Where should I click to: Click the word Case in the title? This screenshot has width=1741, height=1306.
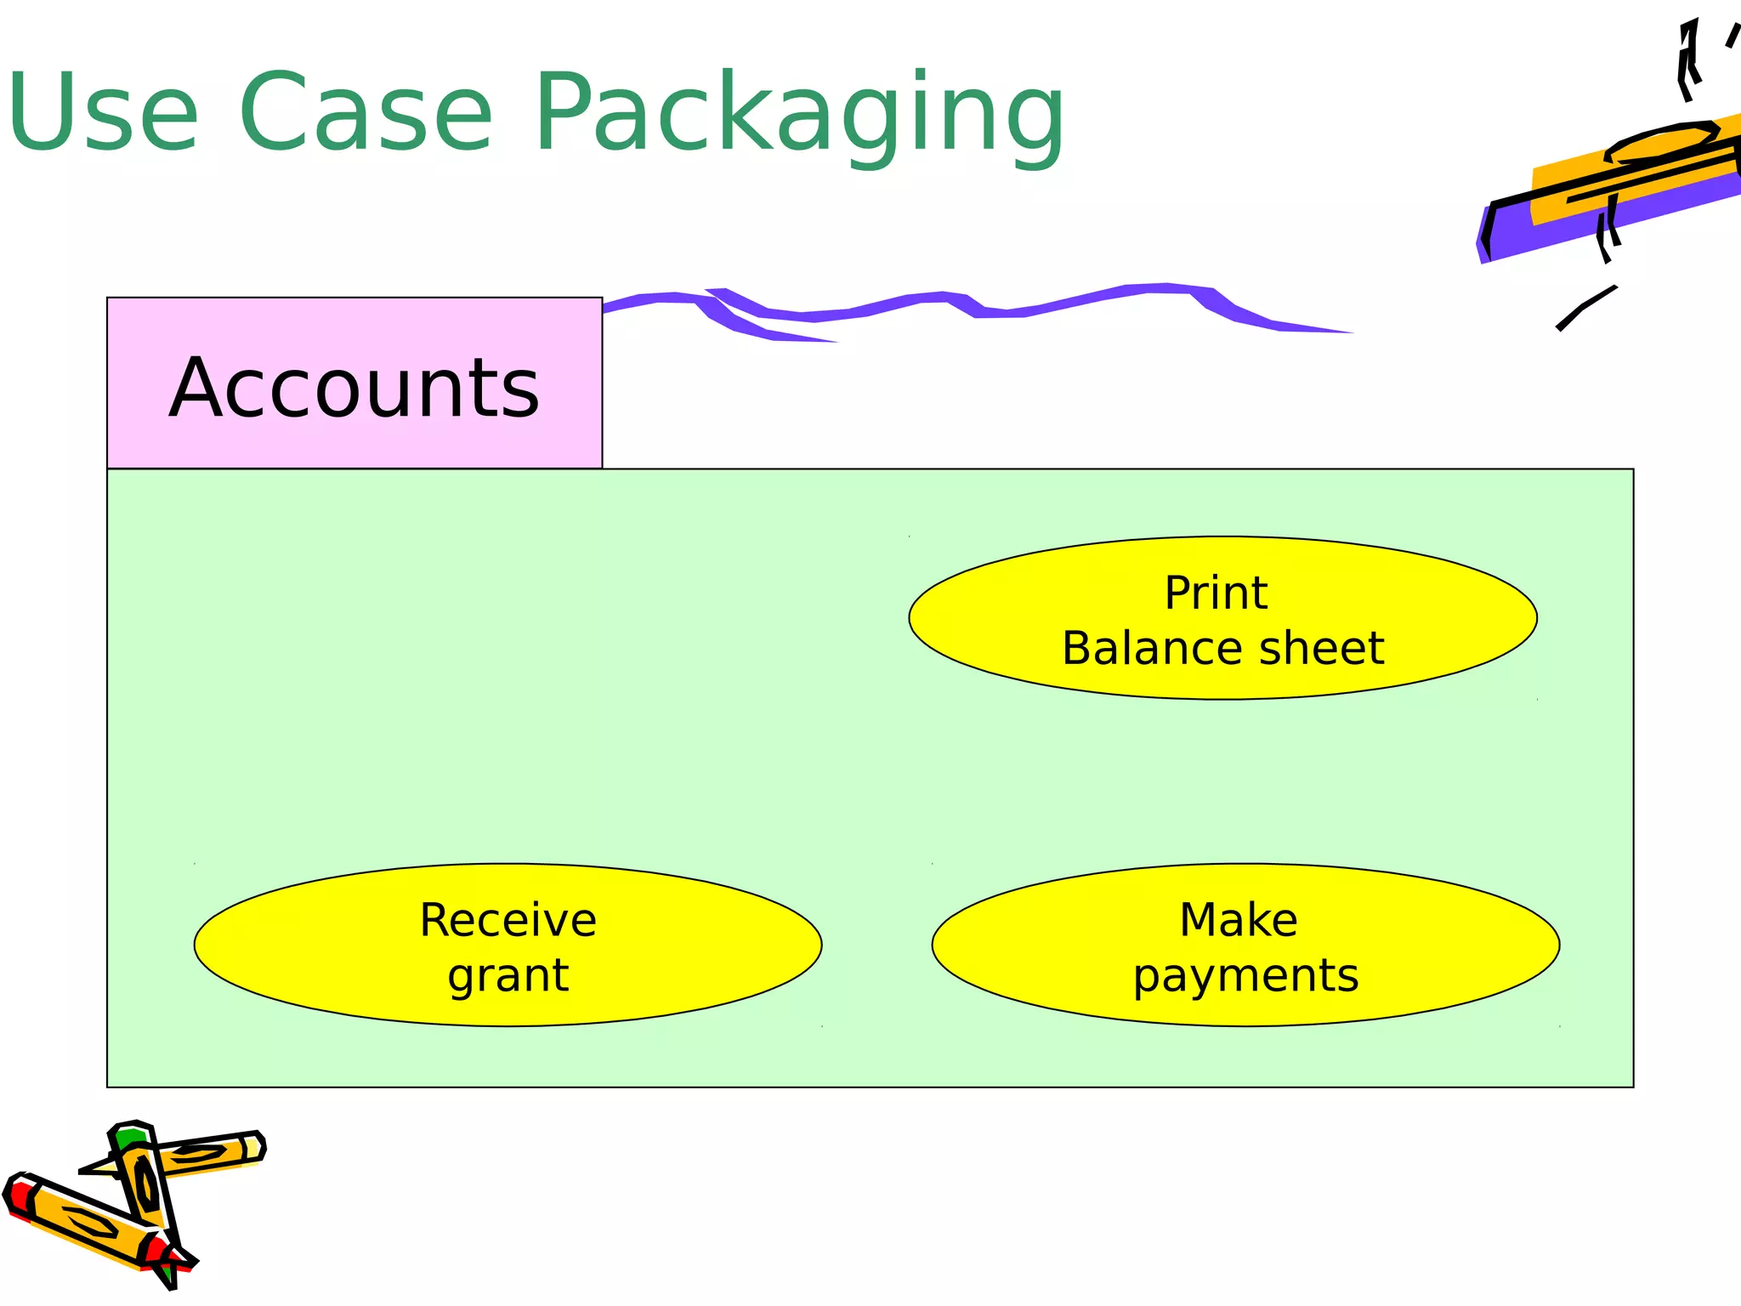coord(366,113)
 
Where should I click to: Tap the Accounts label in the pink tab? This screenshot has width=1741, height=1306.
coord(354,389)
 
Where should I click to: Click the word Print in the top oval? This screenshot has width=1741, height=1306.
coord(1216,593)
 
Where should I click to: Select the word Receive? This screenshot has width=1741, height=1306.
coord(508,921)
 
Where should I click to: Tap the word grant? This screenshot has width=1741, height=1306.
coord(508,975)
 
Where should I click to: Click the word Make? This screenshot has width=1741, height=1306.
coord(1239,921)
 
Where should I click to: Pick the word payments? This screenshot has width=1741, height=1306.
coord(1245,976)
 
